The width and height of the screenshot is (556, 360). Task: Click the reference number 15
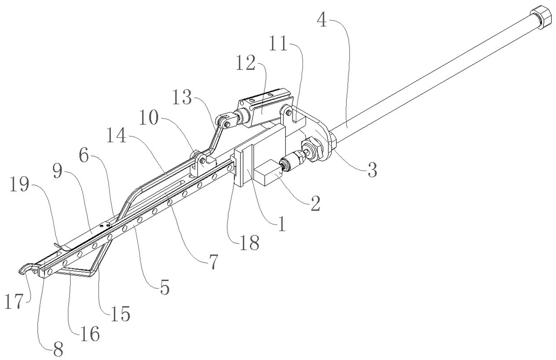point(121,314)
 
